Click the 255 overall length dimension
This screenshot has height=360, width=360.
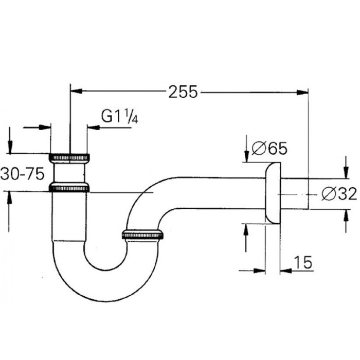pos(183,92)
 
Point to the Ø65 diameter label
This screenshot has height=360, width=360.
pos(269,149)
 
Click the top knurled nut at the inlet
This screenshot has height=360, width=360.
pos(69,156)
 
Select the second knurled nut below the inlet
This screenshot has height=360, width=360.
pos(69,188)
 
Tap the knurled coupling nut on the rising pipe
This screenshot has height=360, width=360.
pos(142,236)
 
